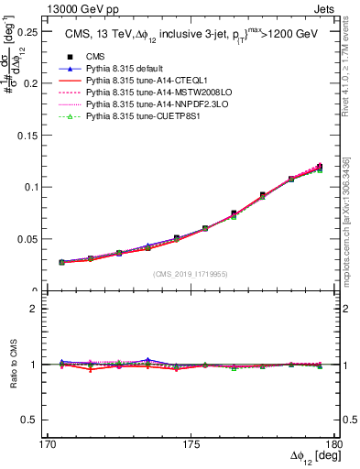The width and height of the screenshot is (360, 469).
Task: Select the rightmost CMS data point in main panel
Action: click(320, 167)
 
